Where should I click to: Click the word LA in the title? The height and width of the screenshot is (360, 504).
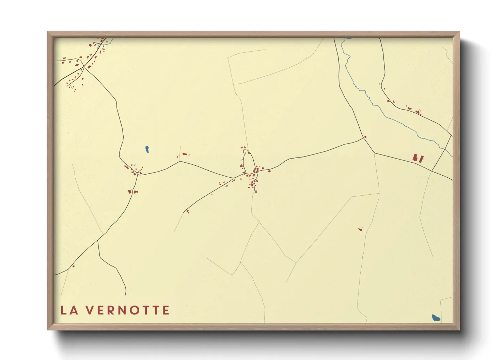click(69, 310)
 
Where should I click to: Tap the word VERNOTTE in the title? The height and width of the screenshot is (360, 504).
click(127, 310)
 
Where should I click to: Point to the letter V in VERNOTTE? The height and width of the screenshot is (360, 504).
click(89, 310)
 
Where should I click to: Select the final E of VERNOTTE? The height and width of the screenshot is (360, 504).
click(166, 310)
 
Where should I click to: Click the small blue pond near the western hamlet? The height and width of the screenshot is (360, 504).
click(147, 149)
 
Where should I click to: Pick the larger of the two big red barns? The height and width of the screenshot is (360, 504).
click(415, 158)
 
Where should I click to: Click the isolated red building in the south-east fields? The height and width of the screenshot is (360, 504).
click(361, 229)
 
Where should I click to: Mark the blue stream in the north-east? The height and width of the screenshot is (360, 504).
click(375, 104)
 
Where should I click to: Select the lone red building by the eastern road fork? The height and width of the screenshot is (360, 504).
click(365, 137)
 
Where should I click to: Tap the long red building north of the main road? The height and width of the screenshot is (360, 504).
click(185, 154)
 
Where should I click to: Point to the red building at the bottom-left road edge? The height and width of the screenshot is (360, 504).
click(74, 266)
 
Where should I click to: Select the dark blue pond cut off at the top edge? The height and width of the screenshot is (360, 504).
click(349, 38)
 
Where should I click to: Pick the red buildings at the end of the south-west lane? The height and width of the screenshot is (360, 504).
click(187, 212)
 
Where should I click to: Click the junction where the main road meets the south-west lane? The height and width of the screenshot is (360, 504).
click(234, 178)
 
